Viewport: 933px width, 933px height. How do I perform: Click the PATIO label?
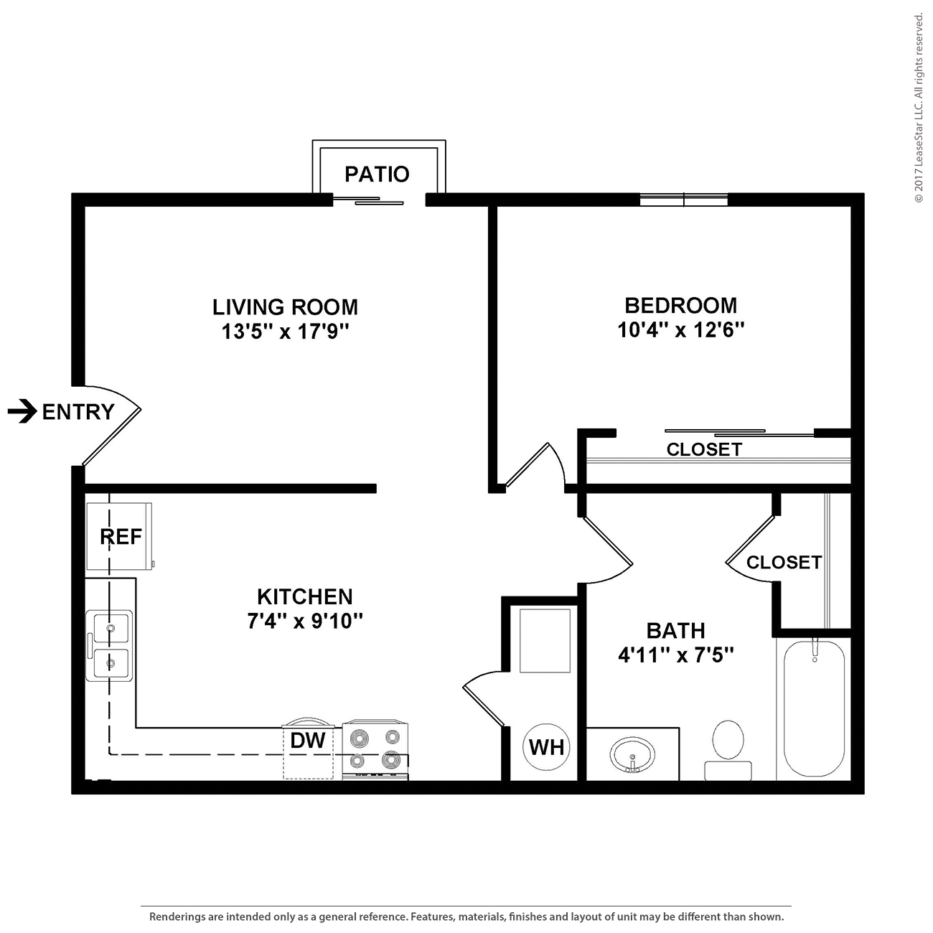pos(377,174)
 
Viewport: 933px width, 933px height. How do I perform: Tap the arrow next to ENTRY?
pos(22,412)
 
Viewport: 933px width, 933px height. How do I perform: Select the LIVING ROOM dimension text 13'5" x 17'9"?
pos(285,332)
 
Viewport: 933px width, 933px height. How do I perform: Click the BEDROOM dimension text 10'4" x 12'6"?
pos(680,330)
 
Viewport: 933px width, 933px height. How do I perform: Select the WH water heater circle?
pos(546,747)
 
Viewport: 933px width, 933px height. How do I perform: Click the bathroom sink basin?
pos(632,756)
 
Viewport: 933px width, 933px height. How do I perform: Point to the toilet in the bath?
pos(728,746)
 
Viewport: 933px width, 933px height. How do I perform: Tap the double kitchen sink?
pos(109,645)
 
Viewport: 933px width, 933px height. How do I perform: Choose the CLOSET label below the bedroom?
pos(704,449)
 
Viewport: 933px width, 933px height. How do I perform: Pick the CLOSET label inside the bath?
pos(784,562)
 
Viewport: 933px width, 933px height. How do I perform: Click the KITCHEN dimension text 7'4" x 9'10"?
pos(305,621)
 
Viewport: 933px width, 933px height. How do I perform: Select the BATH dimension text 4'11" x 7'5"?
pos(675,655)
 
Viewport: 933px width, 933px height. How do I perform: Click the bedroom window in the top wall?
pos(683,200)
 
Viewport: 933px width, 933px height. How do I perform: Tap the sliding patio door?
pos(379,200)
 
